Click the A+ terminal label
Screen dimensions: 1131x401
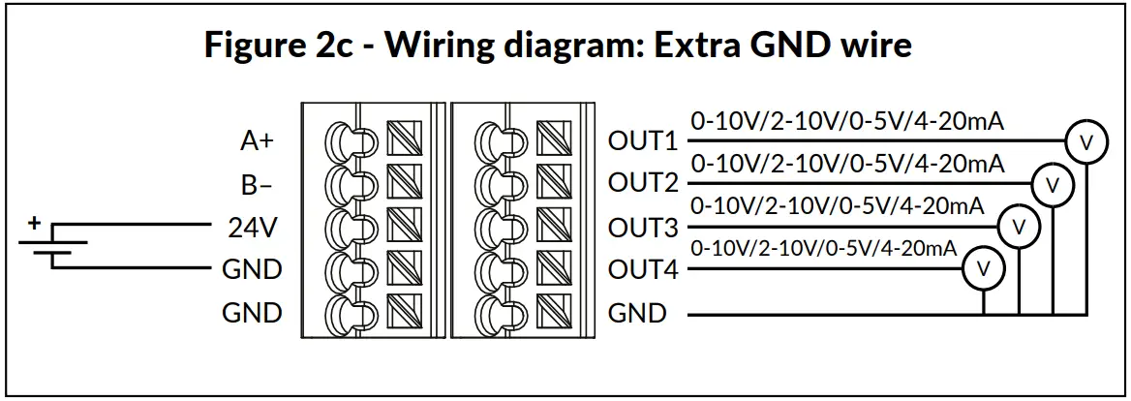[x=257, y=141]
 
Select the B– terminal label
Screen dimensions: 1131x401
[x=257, y=184]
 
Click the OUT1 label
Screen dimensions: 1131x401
[x=643, y=141]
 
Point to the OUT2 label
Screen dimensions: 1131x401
[x=643, y=184]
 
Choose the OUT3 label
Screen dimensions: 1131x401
[x=643, y=229]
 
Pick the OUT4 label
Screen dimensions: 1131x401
[x=643, y=270]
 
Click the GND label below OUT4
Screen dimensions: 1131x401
[x=637, y=314]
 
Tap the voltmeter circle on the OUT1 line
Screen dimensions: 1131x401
[x=1085, y=141]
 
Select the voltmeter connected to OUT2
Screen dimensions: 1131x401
[x=1052, y=183]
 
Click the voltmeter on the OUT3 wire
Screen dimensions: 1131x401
[x=1018, y=226]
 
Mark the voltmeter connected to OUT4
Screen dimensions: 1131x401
[x=984, y=266]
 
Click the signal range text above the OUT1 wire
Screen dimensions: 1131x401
[x=846, y=122]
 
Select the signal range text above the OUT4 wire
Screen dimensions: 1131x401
[x=824, y=248]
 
